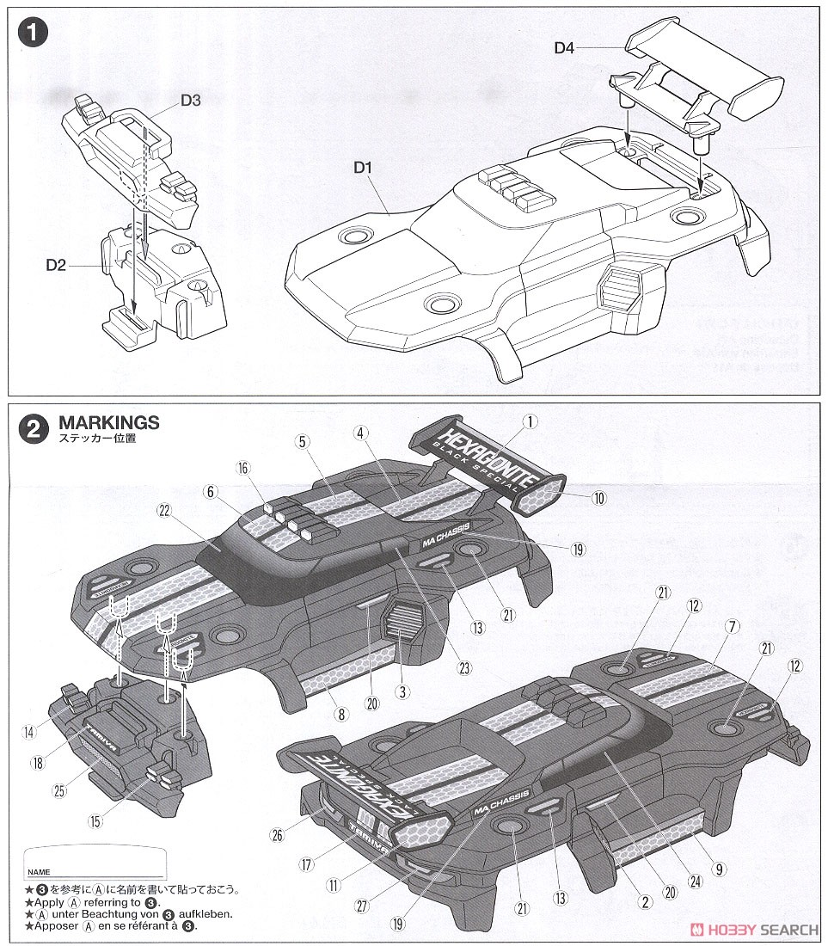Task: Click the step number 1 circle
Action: point(33,34)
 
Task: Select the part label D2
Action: point(56,265)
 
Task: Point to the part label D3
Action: point(191,101)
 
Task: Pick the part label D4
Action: point(564,48)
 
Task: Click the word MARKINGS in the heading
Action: point(109,422)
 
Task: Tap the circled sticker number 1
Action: point(531,421)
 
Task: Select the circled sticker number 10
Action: point(598,497)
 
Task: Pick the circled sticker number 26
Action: point(277,833)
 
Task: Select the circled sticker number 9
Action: point(719,869)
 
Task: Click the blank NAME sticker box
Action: point(95,863)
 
